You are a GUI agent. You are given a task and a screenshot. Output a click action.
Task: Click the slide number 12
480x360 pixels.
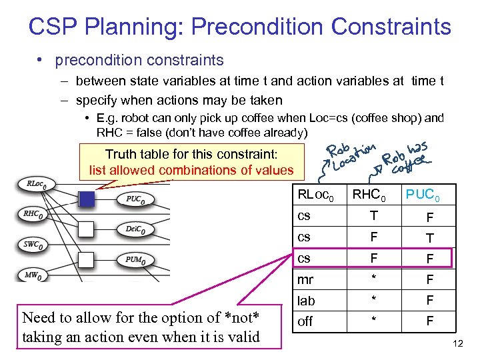pyautogui.click(x=457, y=343)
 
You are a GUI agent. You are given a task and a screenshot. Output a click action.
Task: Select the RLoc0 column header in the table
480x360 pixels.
pyautogui.click(x=315, y=195)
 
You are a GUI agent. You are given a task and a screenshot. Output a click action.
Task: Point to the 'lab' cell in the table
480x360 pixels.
pyautogui.click(x=306, y=301)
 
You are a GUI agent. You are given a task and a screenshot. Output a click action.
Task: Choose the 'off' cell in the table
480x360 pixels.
pyautogui.click(x=305, y=322)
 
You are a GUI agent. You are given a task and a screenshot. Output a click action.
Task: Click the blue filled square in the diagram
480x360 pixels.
pyautogui.click(x=87, y=198)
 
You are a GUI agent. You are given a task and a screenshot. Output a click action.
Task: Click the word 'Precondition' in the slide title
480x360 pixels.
pyautogui.click(x=255, y=27)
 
